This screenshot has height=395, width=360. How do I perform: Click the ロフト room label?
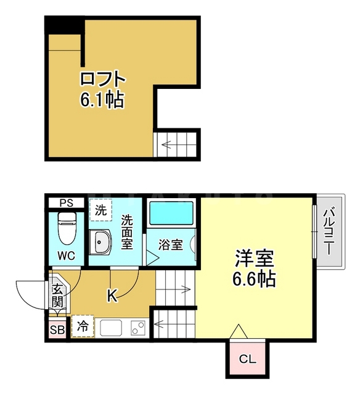pos(102,80)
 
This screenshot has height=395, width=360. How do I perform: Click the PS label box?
pos(66,202)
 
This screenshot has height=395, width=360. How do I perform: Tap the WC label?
pos(66,256)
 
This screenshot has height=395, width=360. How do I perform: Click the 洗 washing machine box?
pos(100,210)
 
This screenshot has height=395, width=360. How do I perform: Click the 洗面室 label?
pos(127,231)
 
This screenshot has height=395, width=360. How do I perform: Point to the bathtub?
pos(171,214)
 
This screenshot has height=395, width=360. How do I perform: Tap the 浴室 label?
pos(170,245)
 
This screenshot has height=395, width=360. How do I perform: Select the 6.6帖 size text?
pos(253,279)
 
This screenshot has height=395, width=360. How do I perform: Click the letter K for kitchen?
pos(112,296)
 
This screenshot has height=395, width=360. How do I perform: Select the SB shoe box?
pos(57,330)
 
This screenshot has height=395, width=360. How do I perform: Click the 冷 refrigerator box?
pos(82,327)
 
